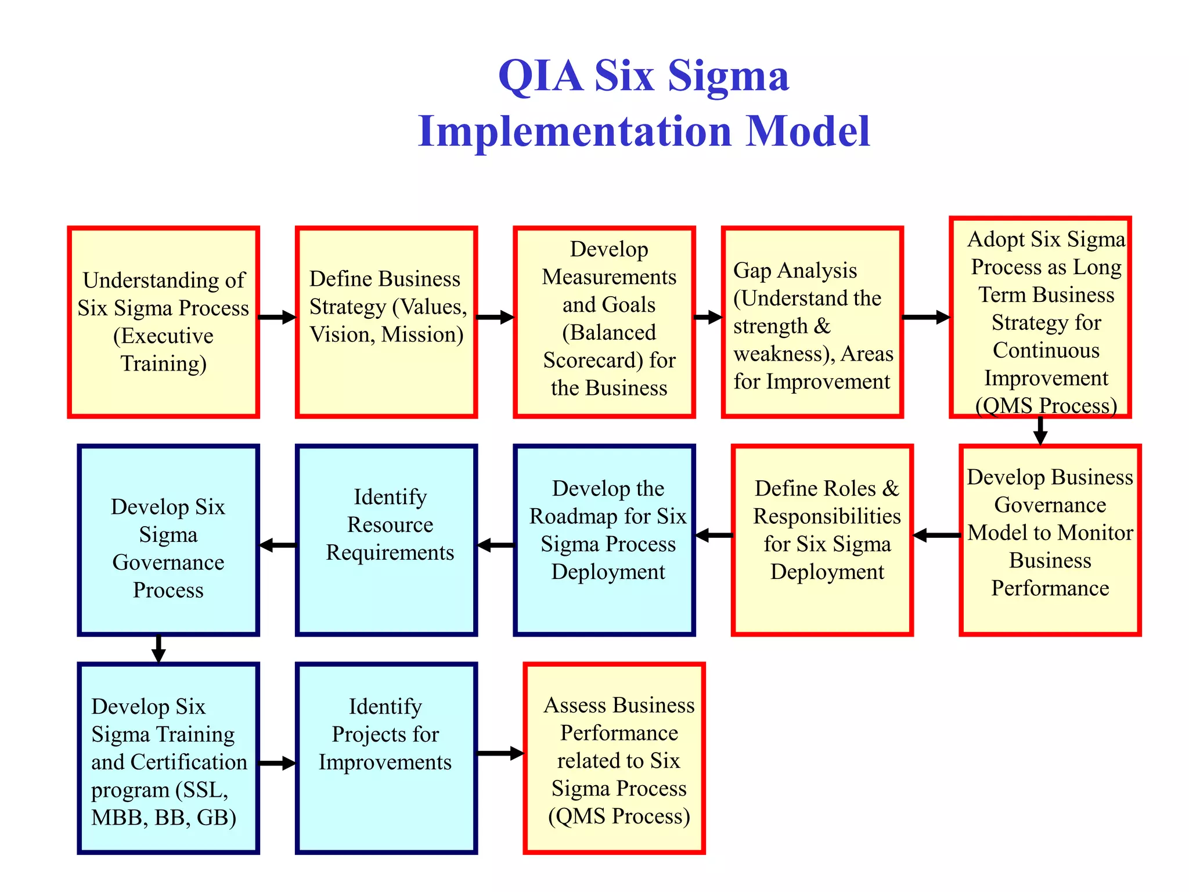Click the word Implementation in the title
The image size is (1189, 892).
click(x=575, y=132)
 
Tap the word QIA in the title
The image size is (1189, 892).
click(x=540, y=76)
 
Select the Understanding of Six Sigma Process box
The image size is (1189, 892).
click(x=163, y=322)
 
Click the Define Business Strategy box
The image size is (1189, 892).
click(x=386, y=322)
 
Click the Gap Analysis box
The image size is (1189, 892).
click(x=812, y=322)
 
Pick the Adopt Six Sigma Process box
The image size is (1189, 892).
click(x=1040, y=317)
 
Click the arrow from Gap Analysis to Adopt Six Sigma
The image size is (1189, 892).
click(x=925, y=317)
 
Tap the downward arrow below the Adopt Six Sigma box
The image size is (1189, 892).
click(x=1040, y=431)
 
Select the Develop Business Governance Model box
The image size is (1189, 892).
click(x=1050, y=540)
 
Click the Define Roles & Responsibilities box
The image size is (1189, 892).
click(x=822, y=540)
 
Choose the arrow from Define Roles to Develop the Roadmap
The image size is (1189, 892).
click(x=714, y=535)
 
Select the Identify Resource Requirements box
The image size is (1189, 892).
click(x=386, y=540)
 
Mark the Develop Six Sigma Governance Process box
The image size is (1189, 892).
click(x=168, y=540)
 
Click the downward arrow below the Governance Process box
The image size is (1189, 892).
click(x=158, y=649)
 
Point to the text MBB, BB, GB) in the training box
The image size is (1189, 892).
click(x=164, y=818)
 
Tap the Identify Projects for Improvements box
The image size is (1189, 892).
click(x=386, y=758)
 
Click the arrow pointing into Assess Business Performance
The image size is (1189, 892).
click(x=500, y=753)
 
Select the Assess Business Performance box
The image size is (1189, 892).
click(x=614, y=758)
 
